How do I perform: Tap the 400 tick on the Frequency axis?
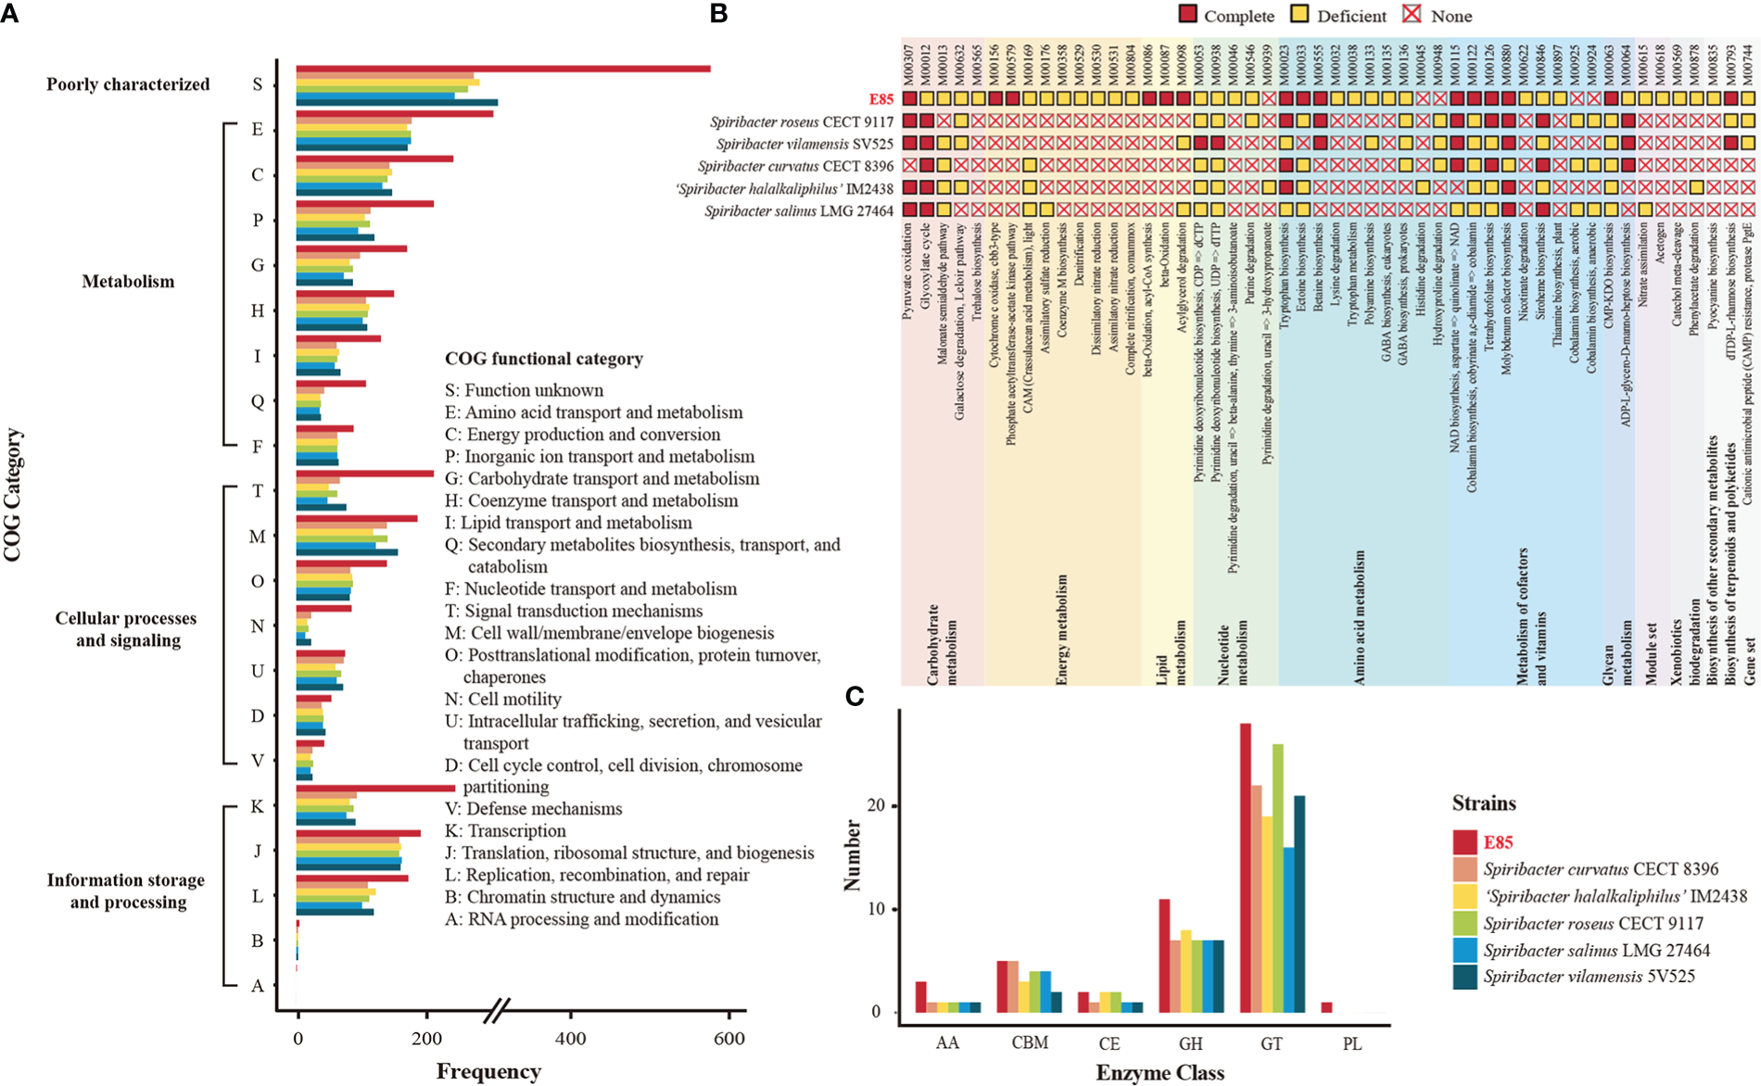pos(570,1039)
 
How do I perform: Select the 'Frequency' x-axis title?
pos(488,1072)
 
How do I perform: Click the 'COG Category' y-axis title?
pos(13,495)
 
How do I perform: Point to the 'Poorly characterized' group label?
pos(128,84)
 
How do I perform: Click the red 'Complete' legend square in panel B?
pos(1189,16)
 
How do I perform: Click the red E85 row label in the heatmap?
pos(880,98)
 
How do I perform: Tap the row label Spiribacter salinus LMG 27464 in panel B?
pos(799,211)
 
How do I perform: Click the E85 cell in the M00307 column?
pos(908,98)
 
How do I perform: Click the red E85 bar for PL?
pos(1326,1007)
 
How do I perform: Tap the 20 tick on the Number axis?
pos(876,806)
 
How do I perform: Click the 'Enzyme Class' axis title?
pos(1159,1073)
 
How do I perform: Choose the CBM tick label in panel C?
pos(1030,1043)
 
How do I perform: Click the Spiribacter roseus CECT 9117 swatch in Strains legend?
pos(1464,923)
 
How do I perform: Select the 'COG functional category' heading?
pos(543,359)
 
